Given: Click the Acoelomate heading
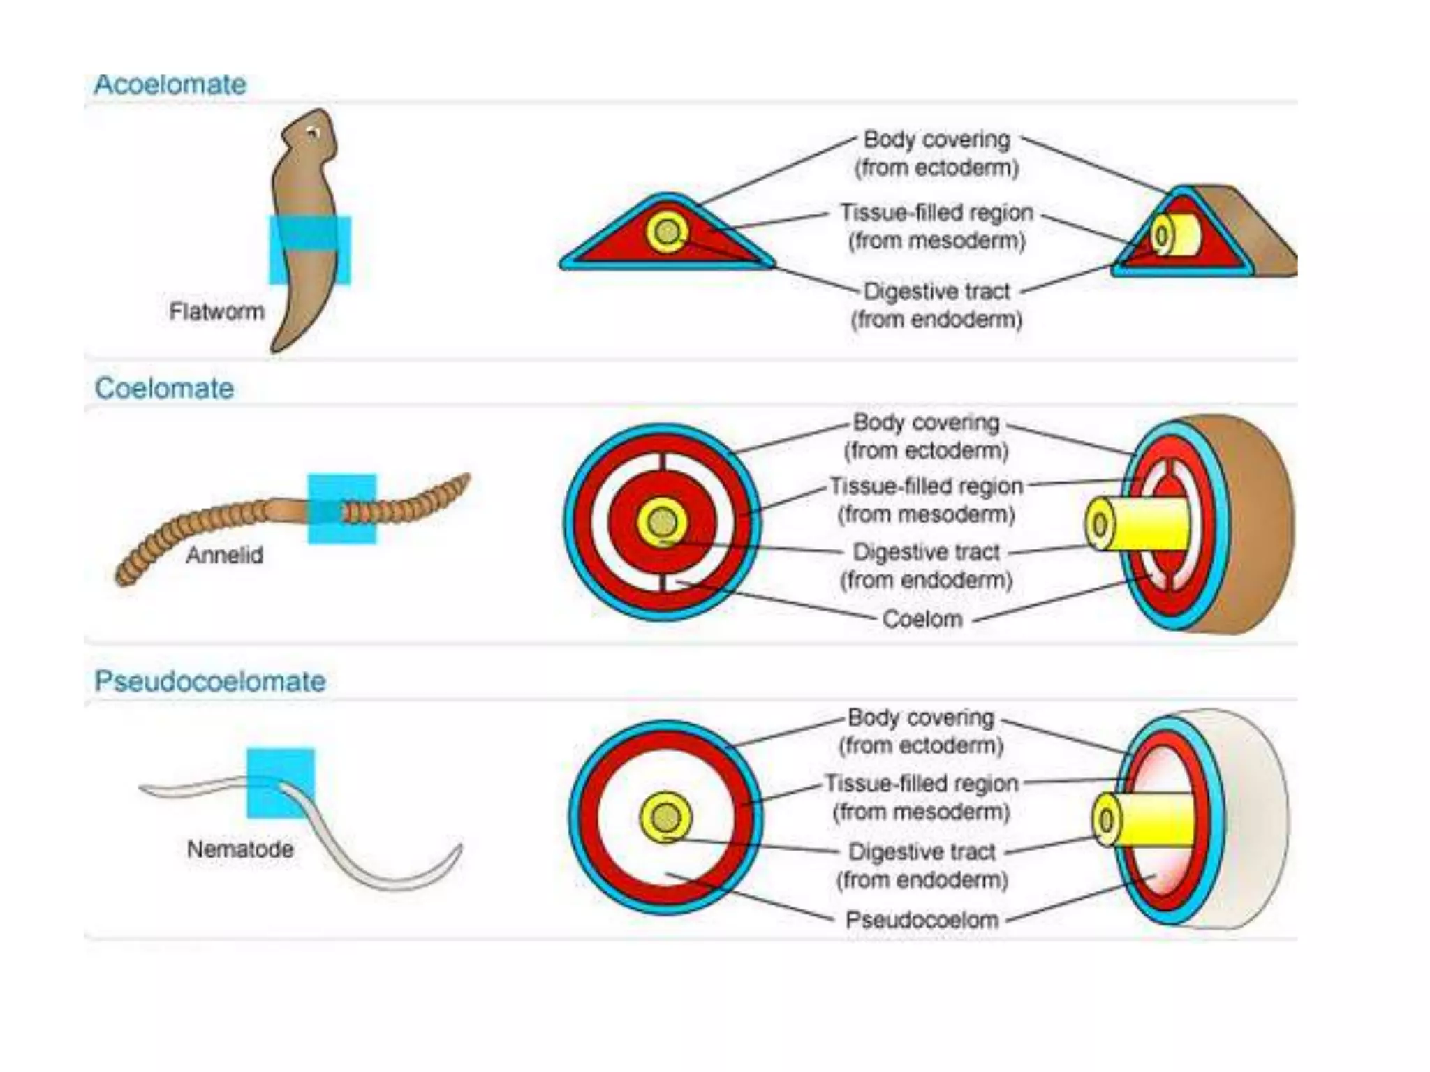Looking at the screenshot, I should point(170,84).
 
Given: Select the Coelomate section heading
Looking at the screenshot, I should point(164,388).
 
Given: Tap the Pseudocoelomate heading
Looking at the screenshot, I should point(210,680).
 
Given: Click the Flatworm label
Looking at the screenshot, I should point(216,311).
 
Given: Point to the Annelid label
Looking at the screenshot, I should point(224,556).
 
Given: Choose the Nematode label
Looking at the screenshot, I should point(240,849).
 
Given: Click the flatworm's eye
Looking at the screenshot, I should point(314,133).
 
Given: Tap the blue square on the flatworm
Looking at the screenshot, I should point(310,250).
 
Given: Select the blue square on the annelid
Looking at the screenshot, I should point(342,509).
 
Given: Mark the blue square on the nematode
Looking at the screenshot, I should point(281,783).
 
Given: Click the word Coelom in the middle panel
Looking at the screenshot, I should point(922,619).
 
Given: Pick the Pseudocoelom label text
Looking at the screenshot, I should point(922,920).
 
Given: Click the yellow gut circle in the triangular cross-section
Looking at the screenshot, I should point(668,232).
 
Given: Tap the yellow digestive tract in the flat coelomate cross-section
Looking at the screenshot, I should point(662,522).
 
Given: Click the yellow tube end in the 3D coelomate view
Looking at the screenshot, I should point(1100,524).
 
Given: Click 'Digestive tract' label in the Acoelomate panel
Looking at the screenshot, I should point(936,291).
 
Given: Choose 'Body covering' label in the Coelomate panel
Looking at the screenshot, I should point(926,422).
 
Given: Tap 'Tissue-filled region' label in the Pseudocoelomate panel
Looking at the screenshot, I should point(921,783).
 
